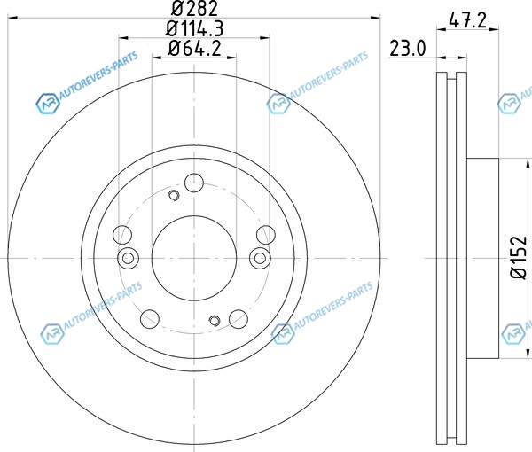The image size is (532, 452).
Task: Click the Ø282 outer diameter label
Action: (194, 9)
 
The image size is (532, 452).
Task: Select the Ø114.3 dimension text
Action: (194, 28)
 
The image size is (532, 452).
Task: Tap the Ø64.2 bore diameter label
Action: (194, 48)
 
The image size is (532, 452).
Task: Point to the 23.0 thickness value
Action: (407, 48)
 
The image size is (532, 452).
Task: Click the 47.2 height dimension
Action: (467, 20)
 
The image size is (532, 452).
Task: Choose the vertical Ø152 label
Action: (519, 258)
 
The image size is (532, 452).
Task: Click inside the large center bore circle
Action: (194, 258)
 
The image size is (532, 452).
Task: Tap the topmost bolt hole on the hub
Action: (194, 183)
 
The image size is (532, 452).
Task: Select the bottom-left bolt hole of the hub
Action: (150, 319)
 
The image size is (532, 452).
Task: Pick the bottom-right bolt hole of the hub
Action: (239, 319)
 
